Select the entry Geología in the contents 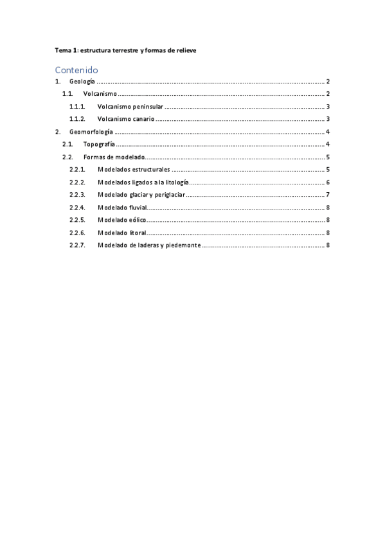[82, 82]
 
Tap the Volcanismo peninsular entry [130, 107]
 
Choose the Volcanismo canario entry [125, 119]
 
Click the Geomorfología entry [91, 132]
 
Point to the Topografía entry [99, 145]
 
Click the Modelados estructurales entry [134, 170]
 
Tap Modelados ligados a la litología [143, 183]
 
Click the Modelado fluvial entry [122, 208]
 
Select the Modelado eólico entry [121, 220]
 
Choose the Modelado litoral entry [121, 233]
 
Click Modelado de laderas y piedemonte [148, 245]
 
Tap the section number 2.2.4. [77, 208]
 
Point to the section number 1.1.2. [77, 119]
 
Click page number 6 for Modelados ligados [328, 183]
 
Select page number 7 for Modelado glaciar [328, 195]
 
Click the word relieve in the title [186, 50]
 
